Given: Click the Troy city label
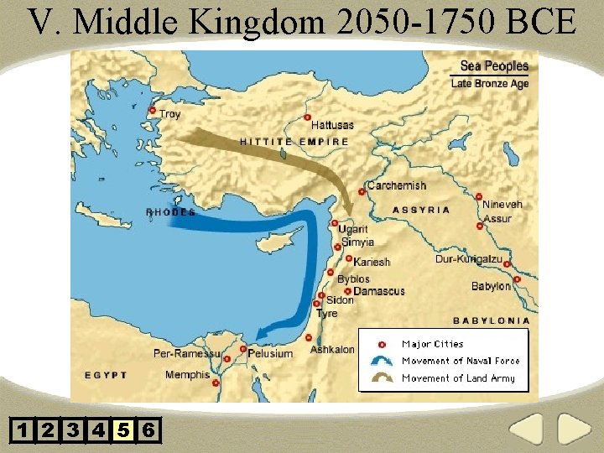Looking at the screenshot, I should tap(169, 114).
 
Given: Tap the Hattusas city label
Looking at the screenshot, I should tap(332, 125).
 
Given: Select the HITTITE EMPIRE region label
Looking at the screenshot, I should tap(294, 142).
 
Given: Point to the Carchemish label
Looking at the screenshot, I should tap(397, 185).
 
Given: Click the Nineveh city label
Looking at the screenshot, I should tap(502, 204).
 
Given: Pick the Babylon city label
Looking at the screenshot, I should tap(490, 286).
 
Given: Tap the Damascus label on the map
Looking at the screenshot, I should tap(378, 291).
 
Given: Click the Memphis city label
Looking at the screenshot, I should tap(187, 375).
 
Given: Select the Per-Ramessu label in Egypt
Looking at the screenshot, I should tap(186, 353).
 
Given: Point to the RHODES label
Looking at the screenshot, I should tap(171, 212).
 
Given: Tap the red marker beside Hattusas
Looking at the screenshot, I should tap(308, 118).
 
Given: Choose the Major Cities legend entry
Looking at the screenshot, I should tap(432, 344).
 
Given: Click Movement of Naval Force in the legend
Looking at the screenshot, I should tap(461, 361).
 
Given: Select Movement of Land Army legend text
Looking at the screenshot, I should tap(458, 378).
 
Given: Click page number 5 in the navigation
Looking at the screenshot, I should tap(123, 430).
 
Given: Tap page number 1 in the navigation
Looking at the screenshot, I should tap(23, 430).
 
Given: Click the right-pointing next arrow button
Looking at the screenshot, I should tap(575, 429).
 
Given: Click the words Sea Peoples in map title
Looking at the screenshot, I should tap(494, 65).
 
